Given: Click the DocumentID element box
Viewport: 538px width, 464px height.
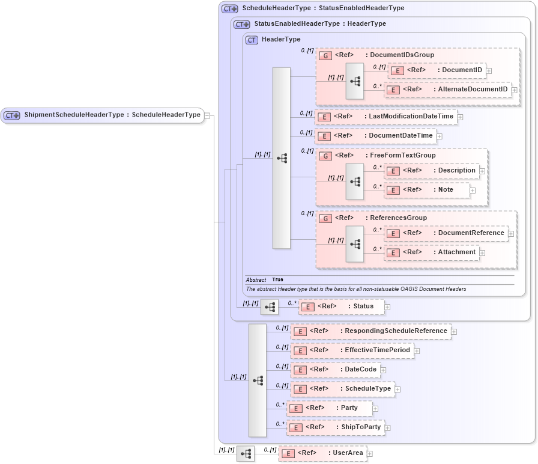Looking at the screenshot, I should click(x=437, y=70).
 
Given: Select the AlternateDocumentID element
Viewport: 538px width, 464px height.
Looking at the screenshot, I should click(x=447, y=90).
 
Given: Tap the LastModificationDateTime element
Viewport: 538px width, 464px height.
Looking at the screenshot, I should click(x=386, y=117).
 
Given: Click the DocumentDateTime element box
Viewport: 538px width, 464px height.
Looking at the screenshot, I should click(x=376, y=136).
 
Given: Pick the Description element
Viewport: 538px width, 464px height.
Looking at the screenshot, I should click(x=432, y=171).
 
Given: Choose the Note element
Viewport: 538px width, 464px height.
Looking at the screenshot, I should click(x=427, y=190).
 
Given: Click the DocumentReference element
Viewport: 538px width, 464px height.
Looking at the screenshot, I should click(x=446, y=233).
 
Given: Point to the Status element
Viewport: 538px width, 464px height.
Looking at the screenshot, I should click(x=341, y=307).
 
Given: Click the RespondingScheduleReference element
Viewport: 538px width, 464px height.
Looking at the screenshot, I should click(x=370, y=331).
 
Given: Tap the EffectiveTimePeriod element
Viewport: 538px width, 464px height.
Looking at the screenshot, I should click(x=352, y=350).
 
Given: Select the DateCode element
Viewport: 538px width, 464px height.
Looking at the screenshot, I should click(x=335, y=370).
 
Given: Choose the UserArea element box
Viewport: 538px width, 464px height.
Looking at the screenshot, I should click(x=322, y=453).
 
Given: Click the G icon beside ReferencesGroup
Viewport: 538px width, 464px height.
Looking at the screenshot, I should click(x=325, y=218).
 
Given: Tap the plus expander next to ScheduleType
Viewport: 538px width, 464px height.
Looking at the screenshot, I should click(x=397, y=389).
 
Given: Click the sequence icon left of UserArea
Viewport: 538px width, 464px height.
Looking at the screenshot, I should click(x=245, y=454).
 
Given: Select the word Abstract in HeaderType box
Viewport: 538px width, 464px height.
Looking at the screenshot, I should click(x=256, y=280).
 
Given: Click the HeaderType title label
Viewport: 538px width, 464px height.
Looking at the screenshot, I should click(x=281, y=40).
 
